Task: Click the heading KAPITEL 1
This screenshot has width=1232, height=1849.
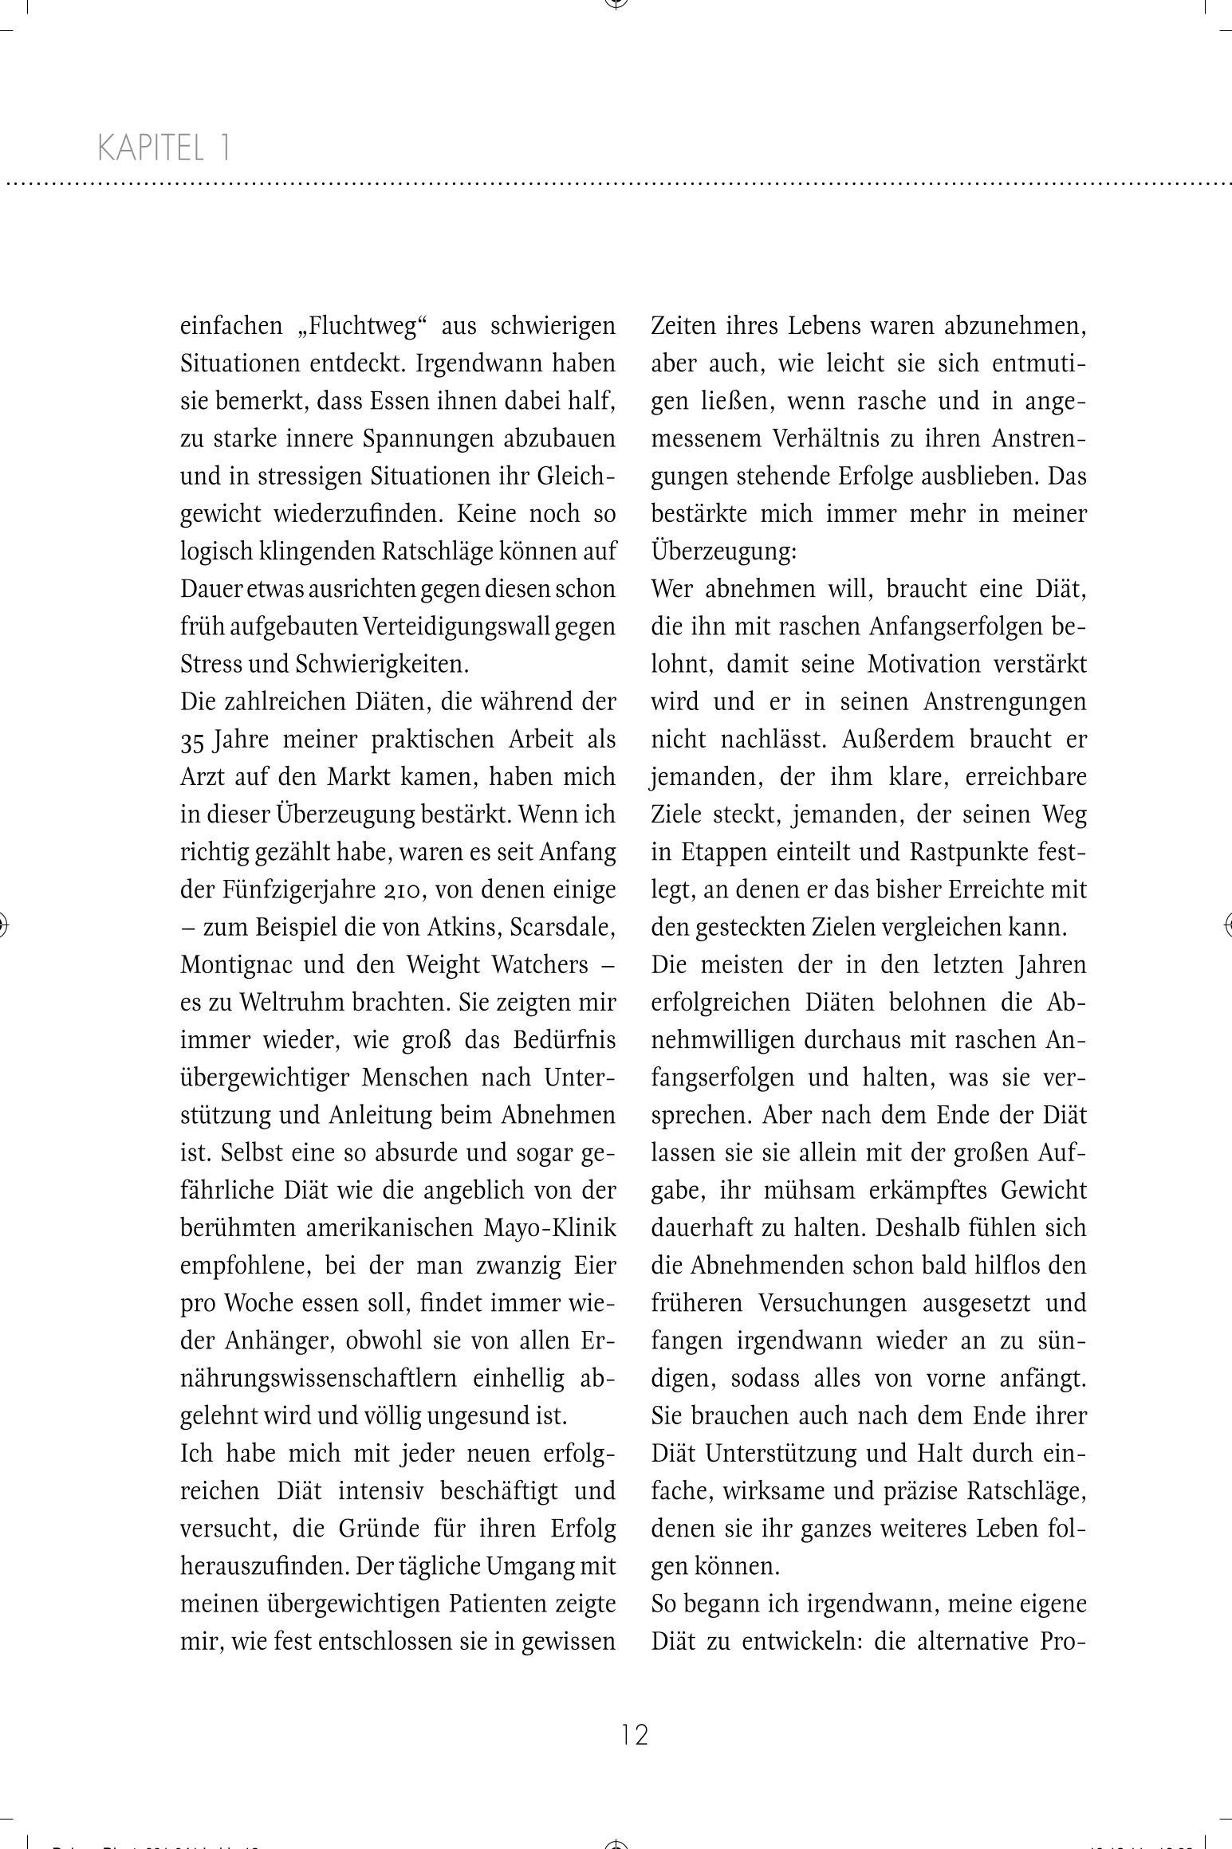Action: [164, 148]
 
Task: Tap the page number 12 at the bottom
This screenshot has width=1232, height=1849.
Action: [635, 1735]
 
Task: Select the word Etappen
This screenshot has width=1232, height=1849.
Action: [725, 852]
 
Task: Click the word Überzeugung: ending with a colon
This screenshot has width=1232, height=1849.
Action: [723, 552]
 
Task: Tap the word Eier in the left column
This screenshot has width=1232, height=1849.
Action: [595, 1266]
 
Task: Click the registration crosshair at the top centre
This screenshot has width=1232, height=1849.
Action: [616, 3]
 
